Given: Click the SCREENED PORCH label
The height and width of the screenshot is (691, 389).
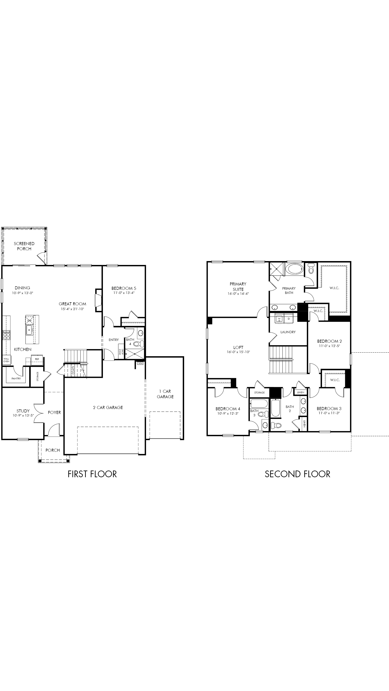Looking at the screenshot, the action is [24, 246].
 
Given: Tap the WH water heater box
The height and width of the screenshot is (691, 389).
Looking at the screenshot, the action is [140, 363].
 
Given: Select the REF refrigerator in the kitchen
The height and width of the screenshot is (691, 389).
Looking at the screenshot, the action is [37, 359].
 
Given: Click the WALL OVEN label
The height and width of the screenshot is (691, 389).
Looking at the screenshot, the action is [6, 360].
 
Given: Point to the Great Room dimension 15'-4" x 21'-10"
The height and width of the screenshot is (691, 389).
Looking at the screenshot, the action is [72, 309].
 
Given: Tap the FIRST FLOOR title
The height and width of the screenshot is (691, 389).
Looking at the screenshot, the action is [92, 474].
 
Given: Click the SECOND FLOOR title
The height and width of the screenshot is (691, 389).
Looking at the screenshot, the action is [297, 474].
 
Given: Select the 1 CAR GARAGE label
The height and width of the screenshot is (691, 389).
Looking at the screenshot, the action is [165, 394].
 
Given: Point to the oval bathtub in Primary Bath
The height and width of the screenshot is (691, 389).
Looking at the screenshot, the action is [294, 269].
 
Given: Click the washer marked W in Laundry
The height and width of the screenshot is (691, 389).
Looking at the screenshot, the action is [279, 319].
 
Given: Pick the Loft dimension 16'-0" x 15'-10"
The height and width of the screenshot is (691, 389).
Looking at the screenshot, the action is [238, 352].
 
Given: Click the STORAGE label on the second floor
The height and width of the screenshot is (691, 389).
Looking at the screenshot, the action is [259, 392].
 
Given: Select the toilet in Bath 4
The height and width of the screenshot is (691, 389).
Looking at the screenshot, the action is [139, 344].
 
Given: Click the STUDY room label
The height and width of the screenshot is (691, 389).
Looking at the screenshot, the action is [23, 411].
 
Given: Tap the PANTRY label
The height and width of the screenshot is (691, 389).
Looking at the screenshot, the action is [16, 379].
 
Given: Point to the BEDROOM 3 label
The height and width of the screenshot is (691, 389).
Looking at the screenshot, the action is [329, 409].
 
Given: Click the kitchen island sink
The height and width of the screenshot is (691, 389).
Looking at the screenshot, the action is [29, 330].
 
